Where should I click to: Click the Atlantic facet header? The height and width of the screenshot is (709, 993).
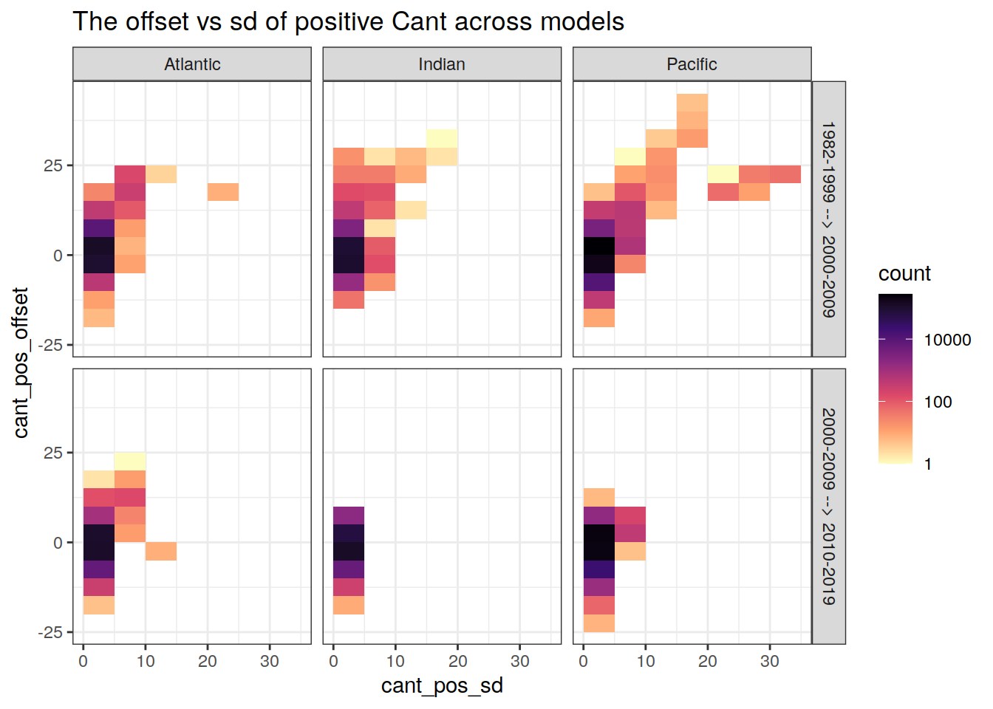point(192,64)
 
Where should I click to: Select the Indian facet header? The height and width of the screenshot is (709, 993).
point(442,64)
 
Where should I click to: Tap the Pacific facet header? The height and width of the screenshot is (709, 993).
point(692,64)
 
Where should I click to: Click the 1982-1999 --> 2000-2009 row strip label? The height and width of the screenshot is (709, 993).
point(829,219)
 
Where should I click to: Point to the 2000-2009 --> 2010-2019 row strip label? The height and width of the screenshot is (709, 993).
point(829,507)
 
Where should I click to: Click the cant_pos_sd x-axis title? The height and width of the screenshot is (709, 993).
point(442,685)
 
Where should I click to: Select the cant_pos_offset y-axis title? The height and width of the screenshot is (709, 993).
point(21,363)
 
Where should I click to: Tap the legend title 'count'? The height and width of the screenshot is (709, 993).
point(904,273)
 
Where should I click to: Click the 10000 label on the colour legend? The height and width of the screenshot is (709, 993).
point(947,340)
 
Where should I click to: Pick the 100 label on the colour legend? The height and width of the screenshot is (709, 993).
point(938,402)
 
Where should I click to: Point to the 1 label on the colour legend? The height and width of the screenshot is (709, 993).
point(928,464)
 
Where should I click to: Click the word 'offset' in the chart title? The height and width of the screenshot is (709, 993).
point(157,21)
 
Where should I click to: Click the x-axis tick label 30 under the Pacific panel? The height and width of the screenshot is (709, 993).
point(770,661)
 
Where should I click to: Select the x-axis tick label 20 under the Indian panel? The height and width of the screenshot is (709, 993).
point(457,661)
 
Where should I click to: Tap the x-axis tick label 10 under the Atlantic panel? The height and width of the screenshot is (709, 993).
point(146,661)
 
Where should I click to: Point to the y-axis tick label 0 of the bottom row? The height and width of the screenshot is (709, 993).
point(58,543)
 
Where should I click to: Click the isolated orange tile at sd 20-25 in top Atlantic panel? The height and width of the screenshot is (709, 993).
point(223,192)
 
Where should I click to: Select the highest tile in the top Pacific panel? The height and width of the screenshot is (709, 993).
point(692,103)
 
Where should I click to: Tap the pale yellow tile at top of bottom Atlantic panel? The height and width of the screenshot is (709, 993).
point(130,462)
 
